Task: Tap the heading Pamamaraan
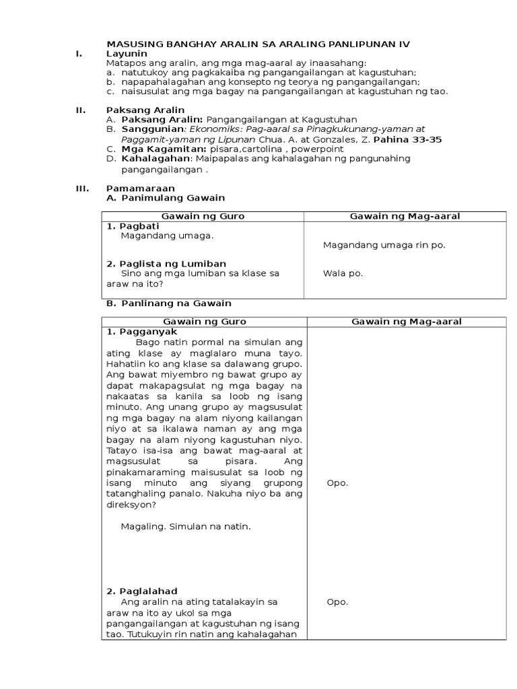(x=141, y=188)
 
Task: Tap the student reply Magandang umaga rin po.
(x=384, y=246)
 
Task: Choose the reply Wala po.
(x=343, y=273)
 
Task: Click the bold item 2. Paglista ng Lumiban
(x=166, y=264)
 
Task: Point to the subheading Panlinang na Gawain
(x=176, y=303)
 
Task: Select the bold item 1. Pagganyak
(x=141, y=332)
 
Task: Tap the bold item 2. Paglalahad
(x=141, y=591)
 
